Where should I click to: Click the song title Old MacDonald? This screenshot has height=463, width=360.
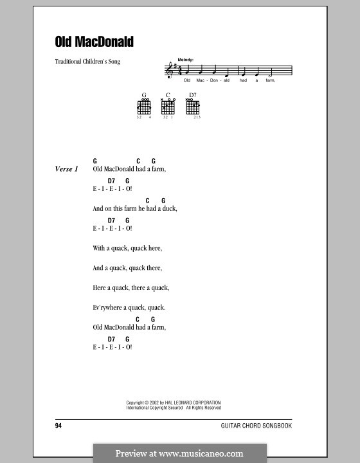94,42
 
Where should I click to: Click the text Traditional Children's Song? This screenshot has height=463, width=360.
88,62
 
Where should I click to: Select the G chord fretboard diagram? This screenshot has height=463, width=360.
144,107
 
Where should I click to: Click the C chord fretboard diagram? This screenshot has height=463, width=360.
168,107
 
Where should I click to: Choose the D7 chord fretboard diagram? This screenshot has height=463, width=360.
192,107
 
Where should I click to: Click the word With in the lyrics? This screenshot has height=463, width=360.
99,248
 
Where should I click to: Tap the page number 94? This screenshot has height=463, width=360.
59,426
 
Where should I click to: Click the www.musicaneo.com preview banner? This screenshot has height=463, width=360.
179,453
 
